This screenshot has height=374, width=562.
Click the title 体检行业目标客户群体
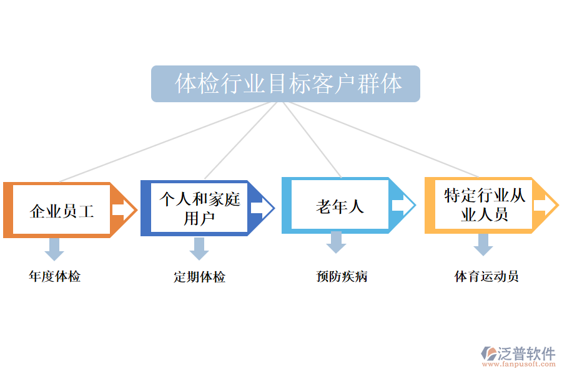285,84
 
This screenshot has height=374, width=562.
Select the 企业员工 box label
62,211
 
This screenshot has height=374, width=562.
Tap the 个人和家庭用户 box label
199,208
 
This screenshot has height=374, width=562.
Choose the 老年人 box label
340,206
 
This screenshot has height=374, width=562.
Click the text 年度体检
55,276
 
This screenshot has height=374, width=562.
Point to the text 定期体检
199,277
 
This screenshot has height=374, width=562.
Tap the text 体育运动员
486,276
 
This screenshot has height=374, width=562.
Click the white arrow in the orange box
124,210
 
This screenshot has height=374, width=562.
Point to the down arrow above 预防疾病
336,242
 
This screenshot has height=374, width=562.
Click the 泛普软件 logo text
526,353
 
